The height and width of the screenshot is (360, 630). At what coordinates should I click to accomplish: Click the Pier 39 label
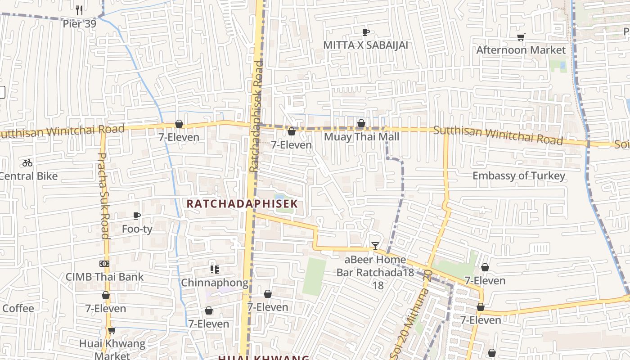tap(79, 24)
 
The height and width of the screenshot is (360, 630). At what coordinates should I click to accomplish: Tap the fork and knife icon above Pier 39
tap(79, 9)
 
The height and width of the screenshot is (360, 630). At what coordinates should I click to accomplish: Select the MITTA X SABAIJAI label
tap(365, 45)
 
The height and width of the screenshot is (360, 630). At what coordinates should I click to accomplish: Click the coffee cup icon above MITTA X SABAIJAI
tap(365, 32)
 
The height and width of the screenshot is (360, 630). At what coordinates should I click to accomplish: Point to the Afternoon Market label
tap(521, 50)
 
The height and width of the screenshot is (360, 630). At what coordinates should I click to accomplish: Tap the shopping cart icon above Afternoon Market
tap(521, 37)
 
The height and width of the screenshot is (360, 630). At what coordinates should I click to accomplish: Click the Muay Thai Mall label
tap(361, 137)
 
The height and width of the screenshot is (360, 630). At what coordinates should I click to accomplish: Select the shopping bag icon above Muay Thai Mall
tap(361, 123)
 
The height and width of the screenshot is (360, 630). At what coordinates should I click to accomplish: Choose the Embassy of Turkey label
tap(518, 175)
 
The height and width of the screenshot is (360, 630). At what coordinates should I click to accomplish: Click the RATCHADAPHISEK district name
tap(242, 203)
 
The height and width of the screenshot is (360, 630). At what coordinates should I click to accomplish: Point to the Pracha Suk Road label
tap(103, 196)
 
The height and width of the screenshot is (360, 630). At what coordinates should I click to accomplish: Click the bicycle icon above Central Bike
tap(27, 163)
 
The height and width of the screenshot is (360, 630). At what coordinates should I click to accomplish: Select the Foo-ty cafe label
tap(137, 229)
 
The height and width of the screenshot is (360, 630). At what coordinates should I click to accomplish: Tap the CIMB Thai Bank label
tap(104, 277)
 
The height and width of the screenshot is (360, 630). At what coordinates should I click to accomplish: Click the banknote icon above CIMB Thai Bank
tap(104, 264)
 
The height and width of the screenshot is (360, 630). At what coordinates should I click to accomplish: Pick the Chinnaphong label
tap(214, 283)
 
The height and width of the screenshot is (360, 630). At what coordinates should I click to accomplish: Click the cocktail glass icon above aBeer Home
tap(375, 246)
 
